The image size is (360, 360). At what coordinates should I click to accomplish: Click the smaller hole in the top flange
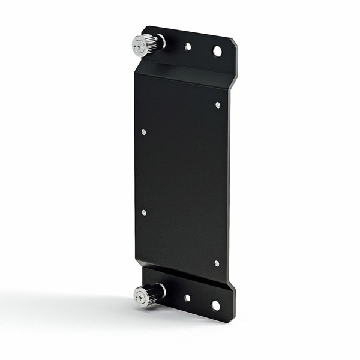tap(188, 46)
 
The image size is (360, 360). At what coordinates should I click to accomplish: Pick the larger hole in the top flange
tap(217, 51)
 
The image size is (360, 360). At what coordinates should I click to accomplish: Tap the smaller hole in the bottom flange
tap(187, 298)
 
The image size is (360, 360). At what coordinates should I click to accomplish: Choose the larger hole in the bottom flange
tap(215, 305)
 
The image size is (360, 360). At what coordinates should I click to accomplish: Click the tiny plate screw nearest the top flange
tap(217, 105)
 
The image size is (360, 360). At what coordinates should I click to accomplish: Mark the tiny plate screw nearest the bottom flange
tap(217, 263)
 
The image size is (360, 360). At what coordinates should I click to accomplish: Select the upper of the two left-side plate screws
tap(143, 131)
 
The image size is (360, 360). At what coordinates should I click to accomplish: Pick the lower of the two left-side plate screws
tap(143, 212)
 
